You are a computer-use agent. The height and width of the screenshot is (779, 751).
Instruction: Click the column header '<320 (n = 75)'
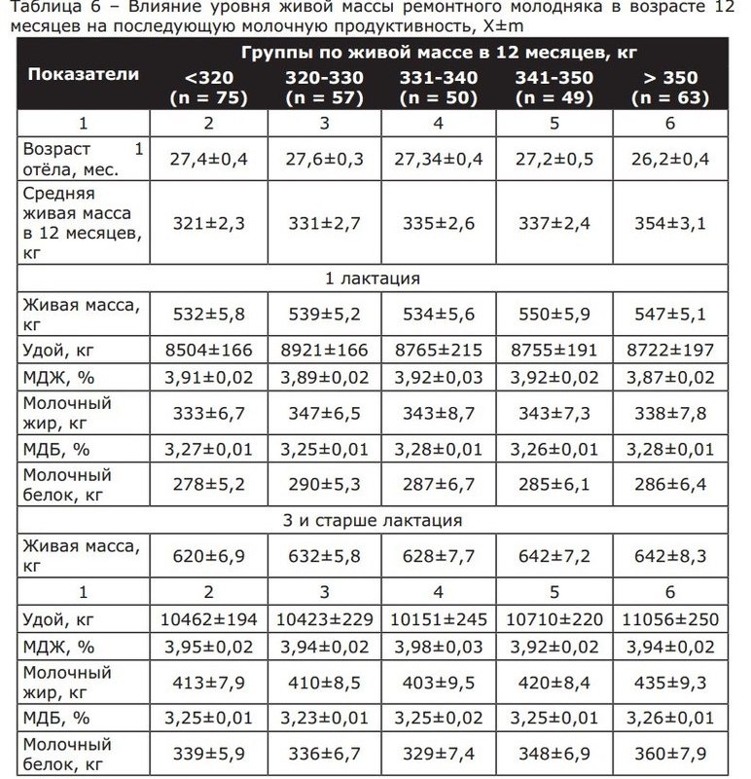click(x=206, y=88)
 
